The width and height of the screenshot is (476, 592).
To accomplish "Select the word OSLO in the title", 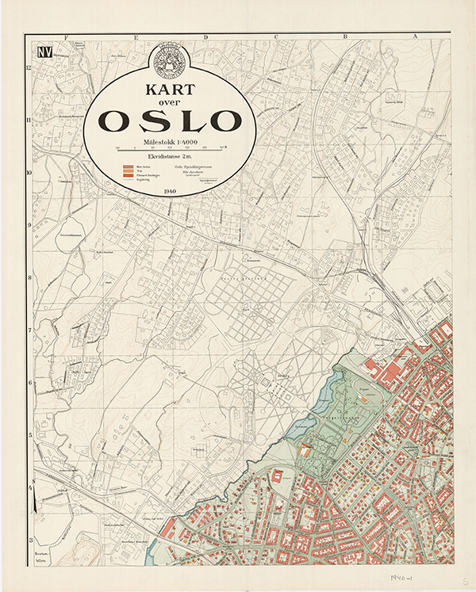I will [x=170, y=120].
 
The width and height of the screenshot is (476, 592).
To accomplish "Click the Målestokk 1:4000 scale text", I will [x=169, y=140].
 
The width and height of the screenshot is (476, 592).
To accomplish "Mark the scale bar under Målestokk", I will [x=169, y=148].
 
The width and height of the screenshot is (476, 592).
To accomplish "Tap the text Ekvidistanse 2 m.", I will [x=169, y=157].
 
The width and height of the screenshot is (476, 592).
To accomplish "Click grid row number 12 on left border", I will [x=29, y=68].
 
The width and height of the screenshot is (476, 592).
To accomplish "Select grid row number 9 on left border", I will [x=29, y=226].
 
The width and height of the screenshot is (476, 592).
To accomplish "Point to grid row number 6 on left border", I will [x=29, y=383].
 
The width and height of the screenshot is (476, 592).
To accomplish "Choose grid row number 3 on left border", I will [x=29, y=540].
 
